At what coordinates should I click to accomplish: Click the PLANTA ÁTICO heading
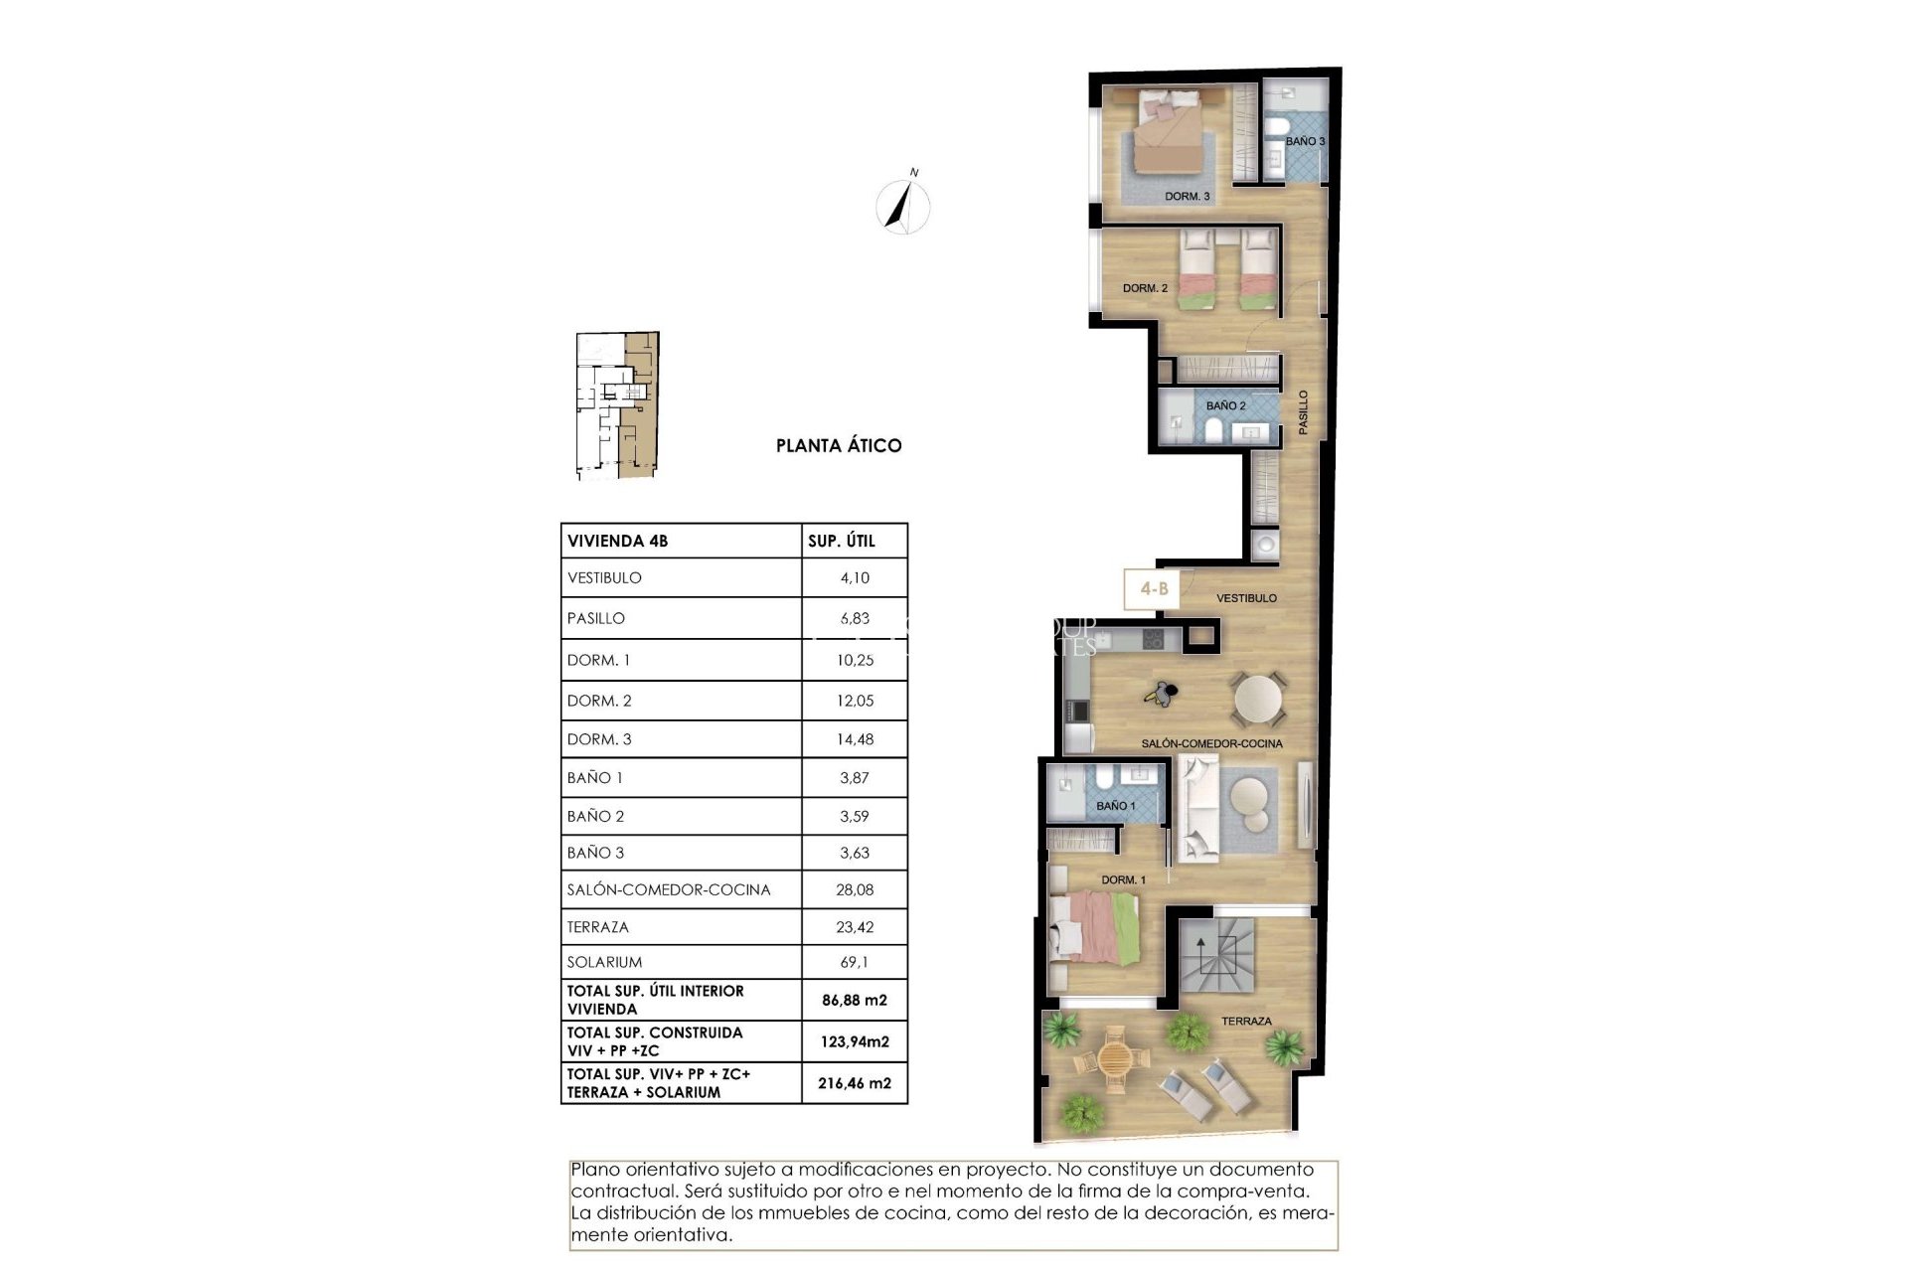839,446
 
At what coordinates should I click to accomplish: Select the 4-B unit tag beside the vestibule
1154,589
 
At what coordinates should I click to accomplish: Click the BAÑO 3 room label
1305,142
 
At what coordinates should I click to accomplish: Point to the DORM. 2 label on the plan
1145,288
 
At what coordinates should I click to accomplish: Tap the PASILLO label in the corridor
1303,411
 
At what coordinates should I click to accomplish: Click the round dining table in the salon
1259,699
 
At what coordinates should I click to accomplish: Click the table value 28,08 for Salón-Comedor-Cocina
855,890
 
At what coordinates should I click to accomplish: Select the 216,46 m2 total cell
855,1083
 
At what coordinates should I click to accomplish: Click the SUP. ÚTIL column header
842,542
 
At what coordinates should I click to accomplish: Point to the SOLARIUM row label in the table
604,962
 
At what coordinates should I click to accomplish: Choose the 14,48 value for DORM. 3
855,739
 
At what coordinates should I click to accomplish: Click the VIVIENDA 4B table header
617,542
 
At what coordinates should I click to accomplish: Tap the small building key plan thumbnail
617,405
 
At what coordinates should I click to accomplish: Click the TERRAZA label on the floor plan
1246,1022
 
